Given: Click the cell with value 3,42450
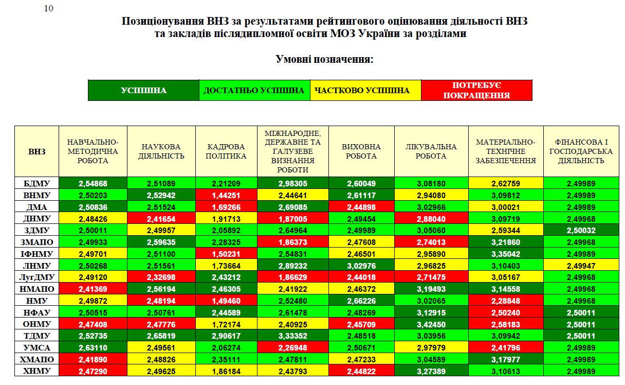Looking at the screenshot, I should click(431, 324).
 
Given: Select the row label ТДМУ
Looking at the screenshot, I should click(36, 336).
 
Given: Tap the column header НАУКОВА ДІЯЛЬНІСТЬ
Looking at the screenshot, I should click(161, 151).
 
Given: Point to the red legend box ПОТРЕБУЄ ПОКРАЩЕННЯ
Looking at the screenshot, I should click(476, 91).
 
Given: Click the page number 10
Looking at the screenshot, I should click(49, 8).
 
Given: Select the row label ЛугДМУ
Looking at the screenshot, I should click(36, 277).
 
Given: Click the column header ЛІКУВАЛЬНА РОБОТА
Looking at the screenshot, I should click(431, 151).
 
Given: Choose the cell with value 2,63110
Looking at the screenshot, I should click(93, 347).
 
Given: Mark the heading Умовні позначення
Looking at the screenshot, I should click(324, 60).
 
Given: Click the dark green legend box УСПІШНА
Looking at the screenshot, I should click(143, 91).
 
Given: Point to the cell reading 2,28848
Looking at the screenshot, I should click(506, 300).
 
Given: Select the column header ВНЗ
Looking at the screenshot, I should click(36, 151).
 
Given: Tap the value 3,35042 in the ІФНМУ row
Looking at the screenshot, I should click(506, 254).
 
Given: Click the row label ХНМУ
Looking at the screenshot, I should click(36, 370).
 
